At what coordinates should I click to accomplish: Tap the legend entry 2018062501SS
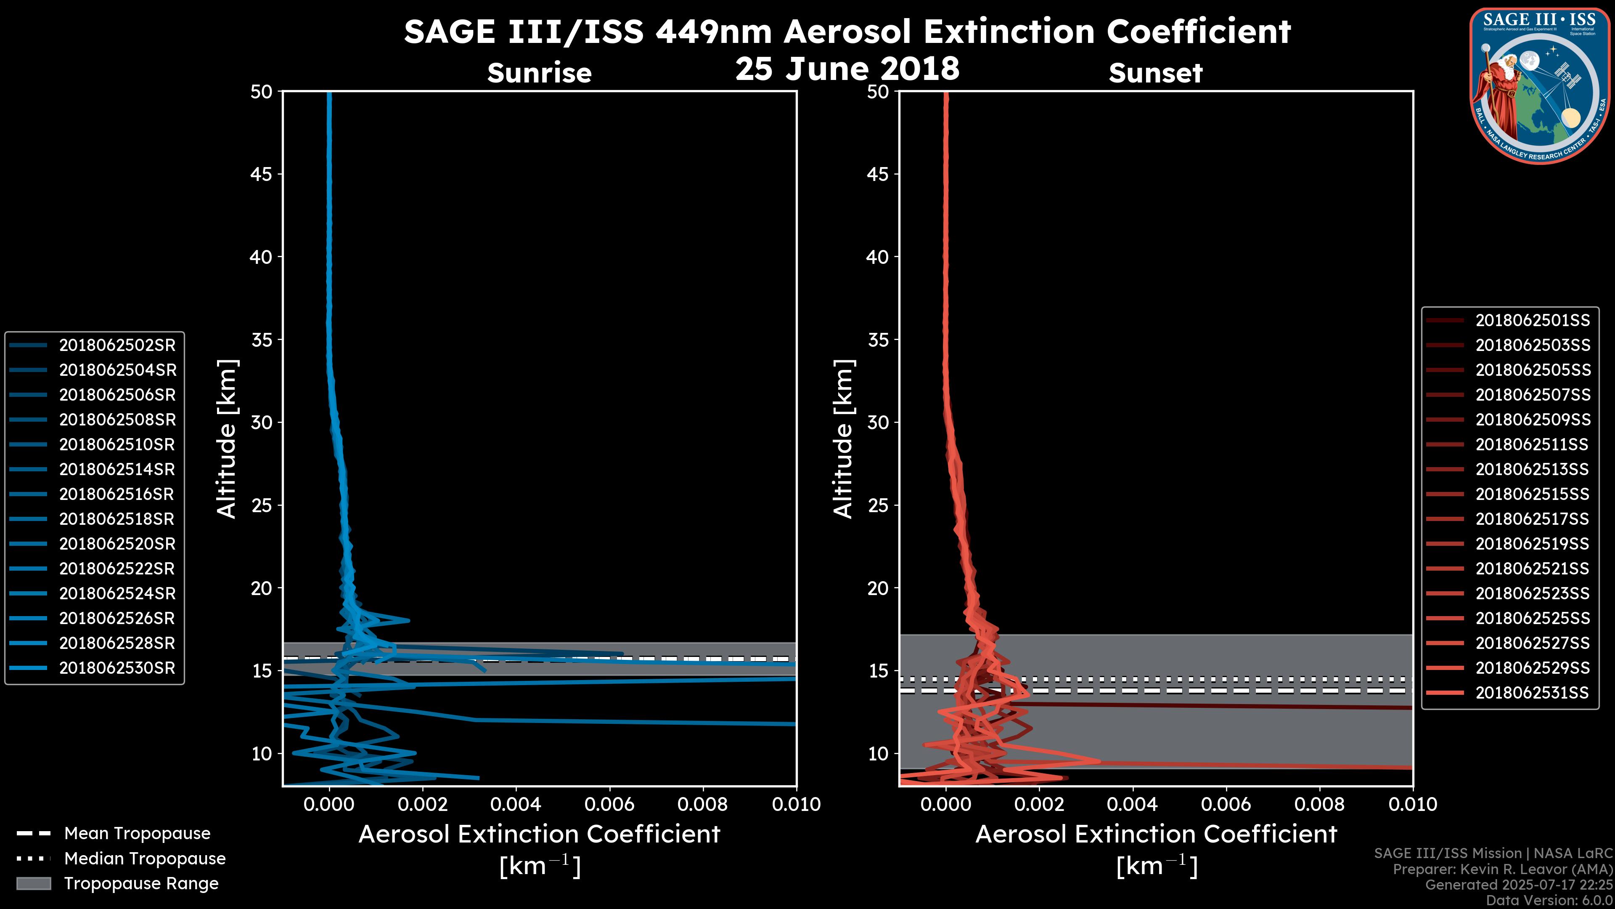point(1532,321)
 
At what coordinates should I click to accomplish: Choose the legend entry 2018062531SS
point(1532,693)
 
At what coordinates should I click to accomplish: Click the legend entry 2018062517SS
point(1532,519)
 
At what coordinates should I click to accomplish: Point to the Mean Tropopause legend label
point(137,833)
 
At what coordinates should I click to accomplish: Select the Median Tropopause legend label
point(145,858)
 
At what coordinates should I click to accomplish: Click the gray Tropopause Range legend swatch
point(33,883)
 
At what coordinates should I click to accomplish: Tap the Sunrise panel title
point(539,73)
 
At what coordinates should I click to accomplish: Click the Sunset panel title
point(1155,73)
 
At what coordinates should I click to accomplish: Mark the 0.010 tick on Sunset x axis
point(1413,804)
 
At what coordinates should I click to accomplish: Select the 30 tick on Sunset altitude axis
point(878,422)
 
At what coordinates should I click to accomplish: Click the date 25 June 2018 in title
point(847,69)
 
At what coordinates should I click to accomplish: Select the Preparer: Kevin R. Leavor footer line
point(1502,869)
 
